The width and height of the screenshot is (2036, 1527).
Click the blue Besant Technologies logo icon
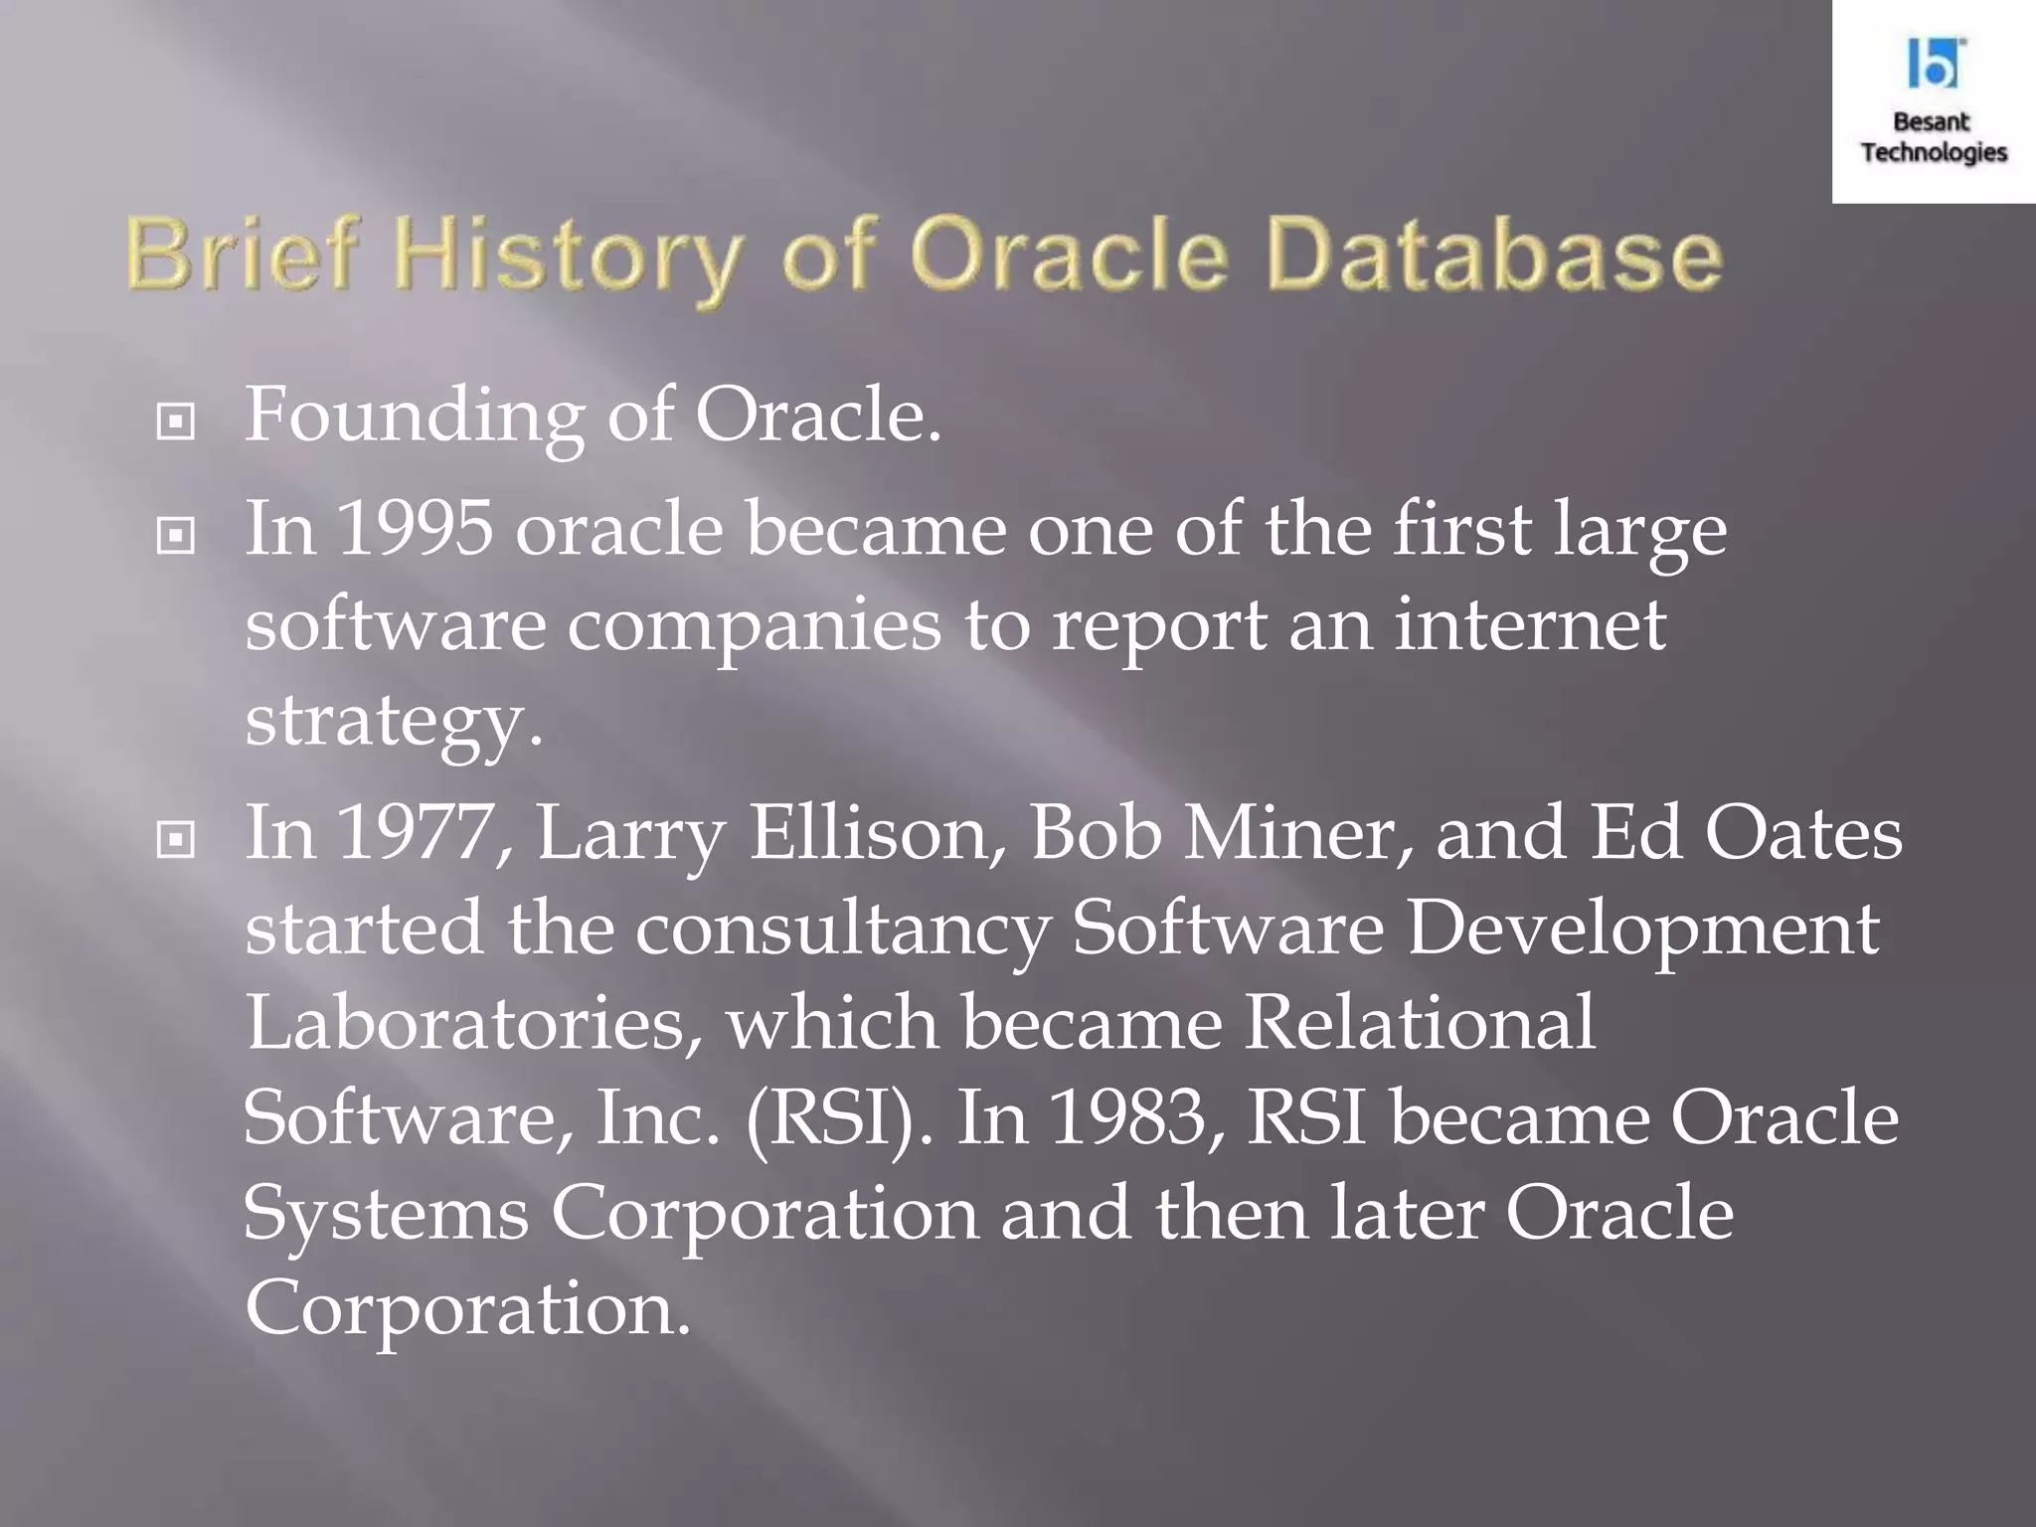pyautogui.click(x=1934, y=64)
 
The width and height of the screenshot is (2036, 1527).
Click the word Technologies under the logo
pyautogui.click(x=1934, y=152)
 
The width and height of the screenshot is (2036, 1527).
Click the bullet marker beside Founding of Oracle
pyautogui.click(x=176, y=423)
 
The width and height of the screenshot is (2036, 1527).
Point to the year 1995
pyautogui.click(x=415, y=528)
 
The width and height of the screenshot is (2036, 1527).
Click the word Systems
pyautogui.click(x=386, y=1213)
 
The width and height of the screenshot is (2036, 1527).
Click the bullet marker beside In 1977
pyautogui.click(x=176, y=841)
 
